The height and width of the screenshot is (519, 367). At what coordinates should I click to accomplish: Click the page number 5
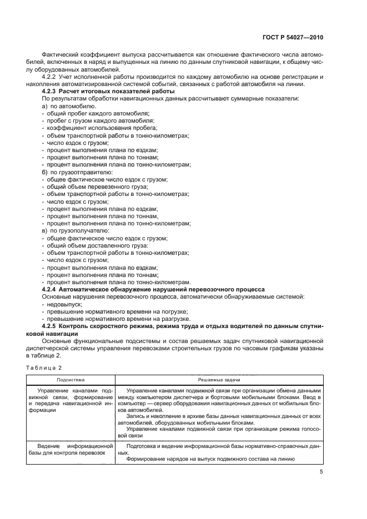tap(321, 472)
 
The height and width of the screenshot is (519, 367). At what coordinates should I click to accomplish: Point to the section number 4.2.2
tap(51, 77)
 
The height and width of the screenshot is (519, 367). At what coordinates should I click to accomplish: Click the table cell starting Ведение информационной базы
tap(70, 451)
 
